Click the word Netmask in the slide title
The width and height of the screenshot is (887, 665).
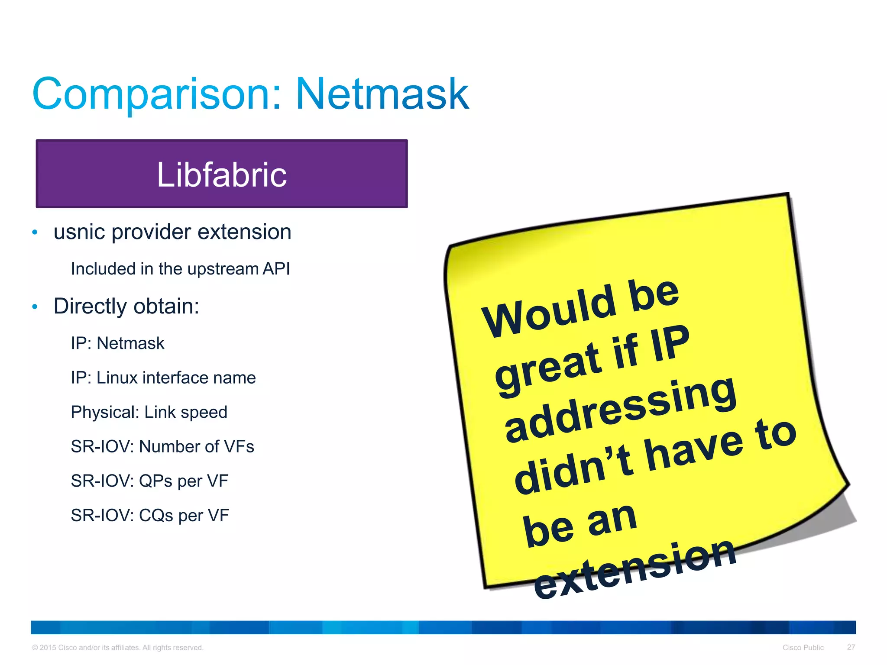382,94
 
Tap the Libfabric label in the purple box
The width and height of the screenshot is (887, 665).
221,174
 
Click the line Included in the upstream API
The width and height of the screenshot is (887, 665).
180,269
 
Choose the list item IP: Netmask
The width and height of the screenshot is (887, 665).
117,343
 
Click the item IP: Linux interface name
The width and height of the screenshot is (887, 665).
163,378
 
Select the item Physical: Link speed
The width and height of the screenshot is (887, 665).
149,412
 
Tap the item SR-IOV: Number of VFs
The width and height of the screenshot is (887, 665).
162,446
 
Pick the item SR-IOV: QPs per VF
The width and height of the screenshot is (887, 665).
149,481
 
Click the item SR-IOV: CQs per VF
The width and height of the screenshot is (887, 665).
150,515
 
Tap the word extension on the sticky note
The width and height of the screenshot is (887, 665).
634,569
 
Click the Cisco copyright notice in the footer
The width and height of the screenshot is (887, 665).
117,648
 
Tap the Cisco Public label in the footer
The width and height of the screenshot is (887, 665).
803,648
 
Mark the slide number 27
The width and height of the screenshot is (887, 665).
851,647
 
